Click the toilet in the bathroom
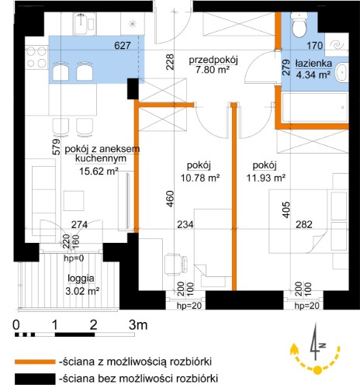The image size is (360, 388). point(299,25)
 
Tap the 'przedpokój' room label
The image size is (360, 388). point(213,60)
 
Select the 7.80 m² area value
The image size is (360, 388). point(213,70)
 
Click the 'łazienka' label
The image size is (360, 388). point(313,64)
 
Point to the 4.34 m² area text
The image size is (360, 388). point(313,74)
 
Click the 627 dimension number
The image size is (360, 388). point(123,46)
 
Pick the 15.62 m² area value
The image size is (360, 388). point(99,171)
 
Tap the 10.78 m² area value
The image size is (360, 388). point(200,178)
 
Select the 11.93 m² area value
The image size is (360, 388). point(266,178)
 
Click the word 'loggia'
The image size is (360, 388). point(81,279)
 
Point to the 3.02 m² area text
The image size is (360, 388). point(82,291)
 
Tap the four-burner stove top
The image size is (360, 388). point(36,57)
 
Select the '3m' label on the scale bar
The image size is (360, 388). point(138,324)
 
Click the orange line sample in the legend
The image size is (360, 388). point(35,362)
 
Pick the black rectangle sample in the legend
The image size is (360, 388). point(35,379)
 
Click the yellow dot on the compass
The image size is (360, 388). point(317,370)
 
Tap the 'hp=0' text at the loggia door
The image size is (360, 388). point(74,258)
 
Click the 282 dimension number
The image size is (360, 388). point(304,224)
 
